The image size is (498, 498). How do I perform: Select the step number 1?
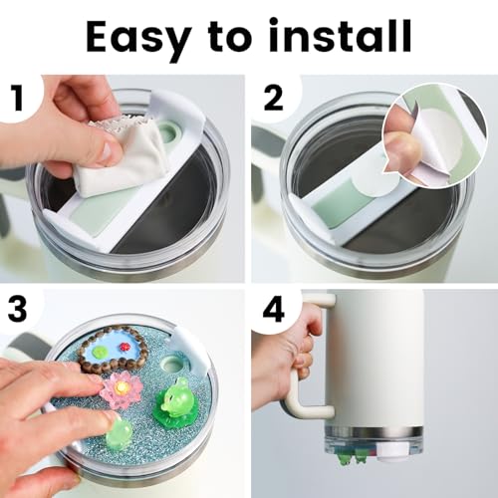coord(18,98)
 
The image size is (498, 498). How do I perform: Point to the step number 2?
coord(273,98)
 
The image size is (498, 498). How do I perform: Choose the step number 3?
coord(17,309)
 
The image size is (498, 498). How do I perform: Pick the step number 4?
coord(274,310)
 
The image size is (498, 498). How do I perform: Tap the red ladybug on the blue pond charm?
coord(125,346)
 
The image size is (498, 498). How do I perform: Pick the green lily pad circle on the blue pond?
coord(101,350)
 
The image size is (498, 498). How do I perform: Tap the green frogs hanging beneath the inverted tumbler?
coord(351,457)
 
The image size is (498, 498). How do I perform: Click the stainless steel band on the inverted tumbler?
coord(374,433)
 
